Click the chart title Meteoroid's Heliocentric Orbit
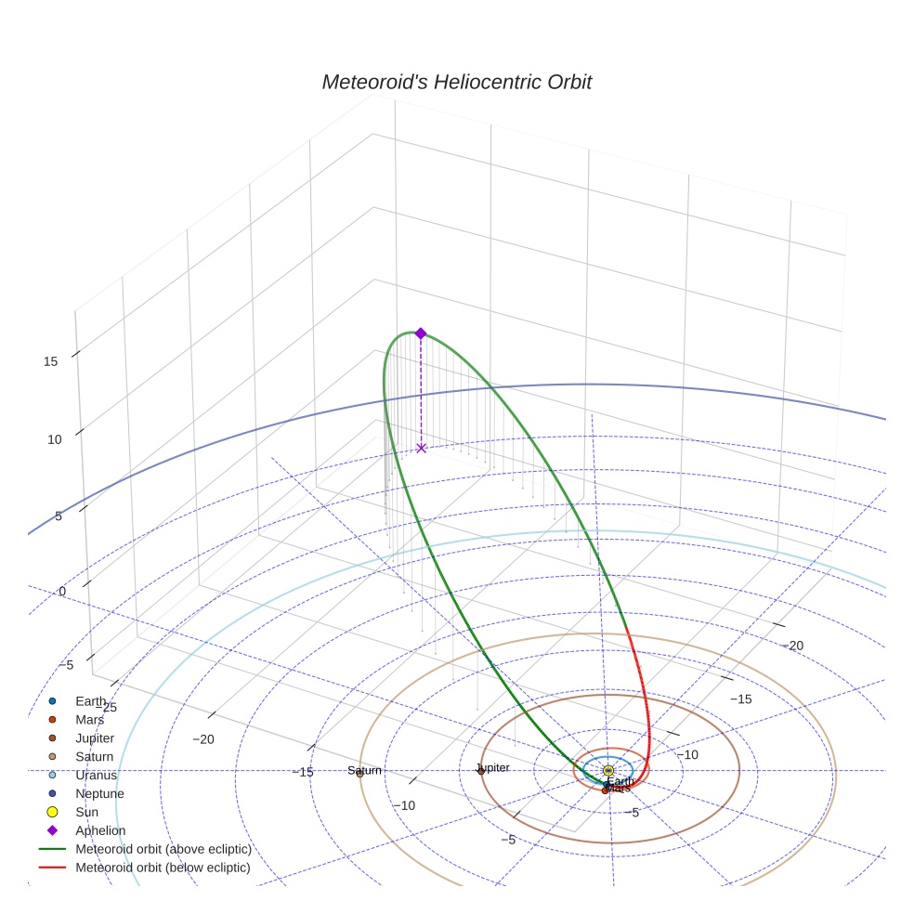tap(456, 83)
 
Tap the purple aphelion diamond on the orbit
tap(420, 333)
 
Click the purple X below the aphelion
tap(421, 448)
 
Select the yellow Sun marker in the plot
tap(608, 771)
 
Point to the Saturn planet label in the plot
tap(364, 771)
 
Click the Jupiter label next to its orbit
tap(492, 768)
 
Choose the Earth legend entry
tap(91, 700)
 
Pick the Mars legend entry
tap(89, 719)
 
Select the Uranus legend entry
tap(97, 775)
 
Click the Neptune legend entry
tap(99, 793)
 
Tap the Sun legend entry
tap(86, 812)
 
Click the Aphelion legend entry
tap(100, 830)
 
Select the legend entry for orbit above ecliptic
tap(163, 849)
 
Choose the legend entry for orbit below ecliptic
tap(163, 868)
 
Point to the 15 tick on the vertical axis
tap(51, 361)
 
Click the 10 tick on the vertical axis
tap(55, 439)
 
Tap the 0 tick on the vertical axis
tap(62, 592)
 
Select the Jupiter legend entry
tap(95, 738)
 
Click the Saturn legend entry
tap(95, 756)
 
